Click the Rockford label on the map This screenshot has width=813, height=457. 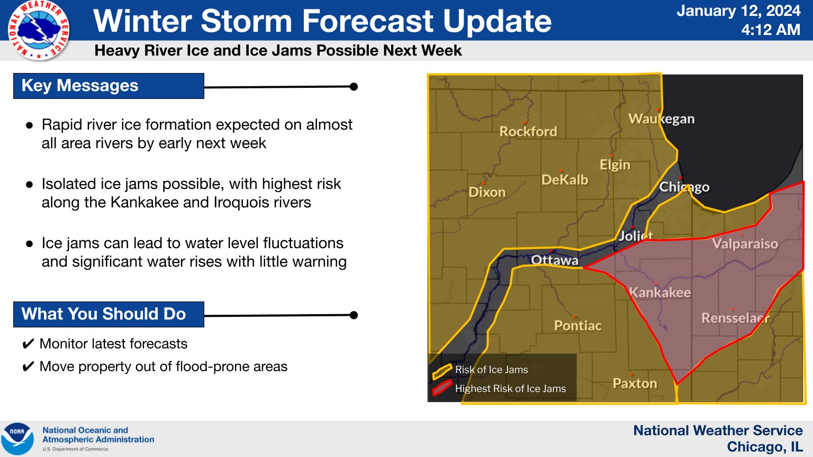pos(528,131)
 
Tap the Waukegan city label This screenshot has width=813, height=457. pos(661,119)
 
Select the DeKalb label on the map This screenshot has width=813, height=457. pos(565,180)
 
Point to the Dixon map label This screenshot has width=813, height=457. pos(487,192)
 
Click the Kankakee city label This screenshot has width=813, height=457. pos(660,293)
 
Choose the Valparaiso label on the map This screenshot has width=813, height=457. pos(745,244)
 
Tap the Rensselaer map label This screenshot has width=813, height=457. pos(735,318)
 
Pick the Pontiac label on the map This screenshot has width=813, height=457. pos(578,326)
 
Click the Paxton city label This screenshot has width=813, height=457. pos(635,383)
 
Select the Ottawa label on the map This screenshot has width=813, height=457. pos(555,260)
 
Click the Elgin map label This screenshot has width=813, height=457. pos(615,165)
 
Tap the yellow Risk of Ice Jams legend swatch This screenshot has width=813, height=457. pos(442,371)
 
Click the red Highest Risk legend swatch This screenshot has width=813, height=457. pos(442,387)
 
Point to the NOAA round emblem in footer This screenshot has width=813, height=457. pos(17,438)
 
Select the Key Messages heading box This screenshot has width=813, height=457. pos(109,86)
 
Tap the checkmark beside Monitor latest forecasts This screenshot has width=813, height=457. pos(28,344)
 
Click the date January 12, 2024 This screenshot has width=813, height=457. pos(738,11)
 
